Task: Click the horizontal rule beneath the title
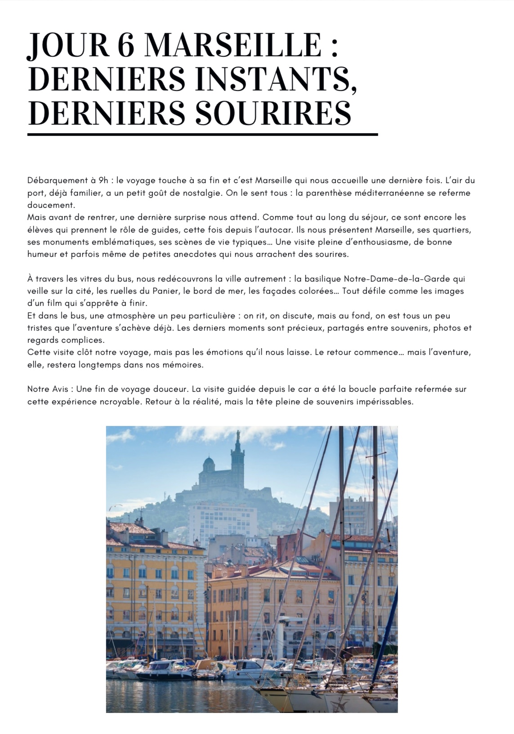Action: point(202,134)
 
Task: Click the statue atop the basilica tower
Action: point(238,436)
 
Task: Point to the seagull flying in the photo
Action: point(118,507)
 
